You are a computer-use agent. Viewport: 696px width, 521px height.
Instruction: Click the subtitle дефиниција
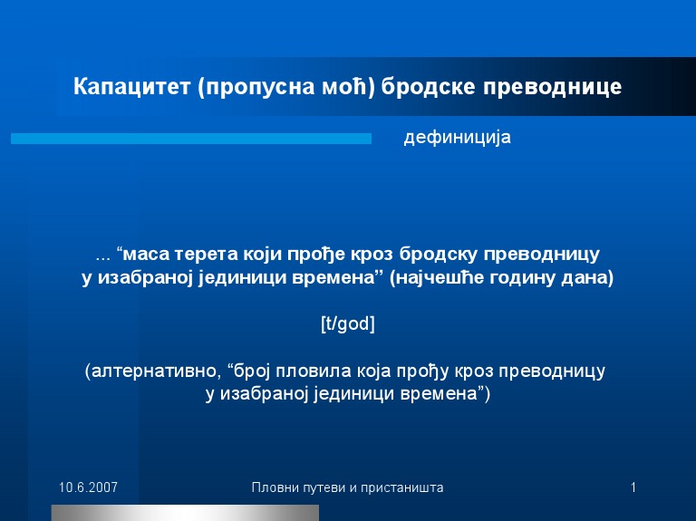457,138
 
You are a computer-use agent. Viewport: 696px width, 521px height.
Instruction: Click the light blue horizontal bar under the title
191,139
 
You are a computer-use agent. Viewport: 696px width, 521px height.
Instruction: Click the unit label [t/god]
348,324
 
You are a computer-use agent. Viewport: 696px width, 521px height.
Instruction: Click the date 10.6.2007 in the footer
89,487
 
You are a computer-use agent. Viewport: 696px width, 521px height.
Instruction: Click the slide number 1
633,487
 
